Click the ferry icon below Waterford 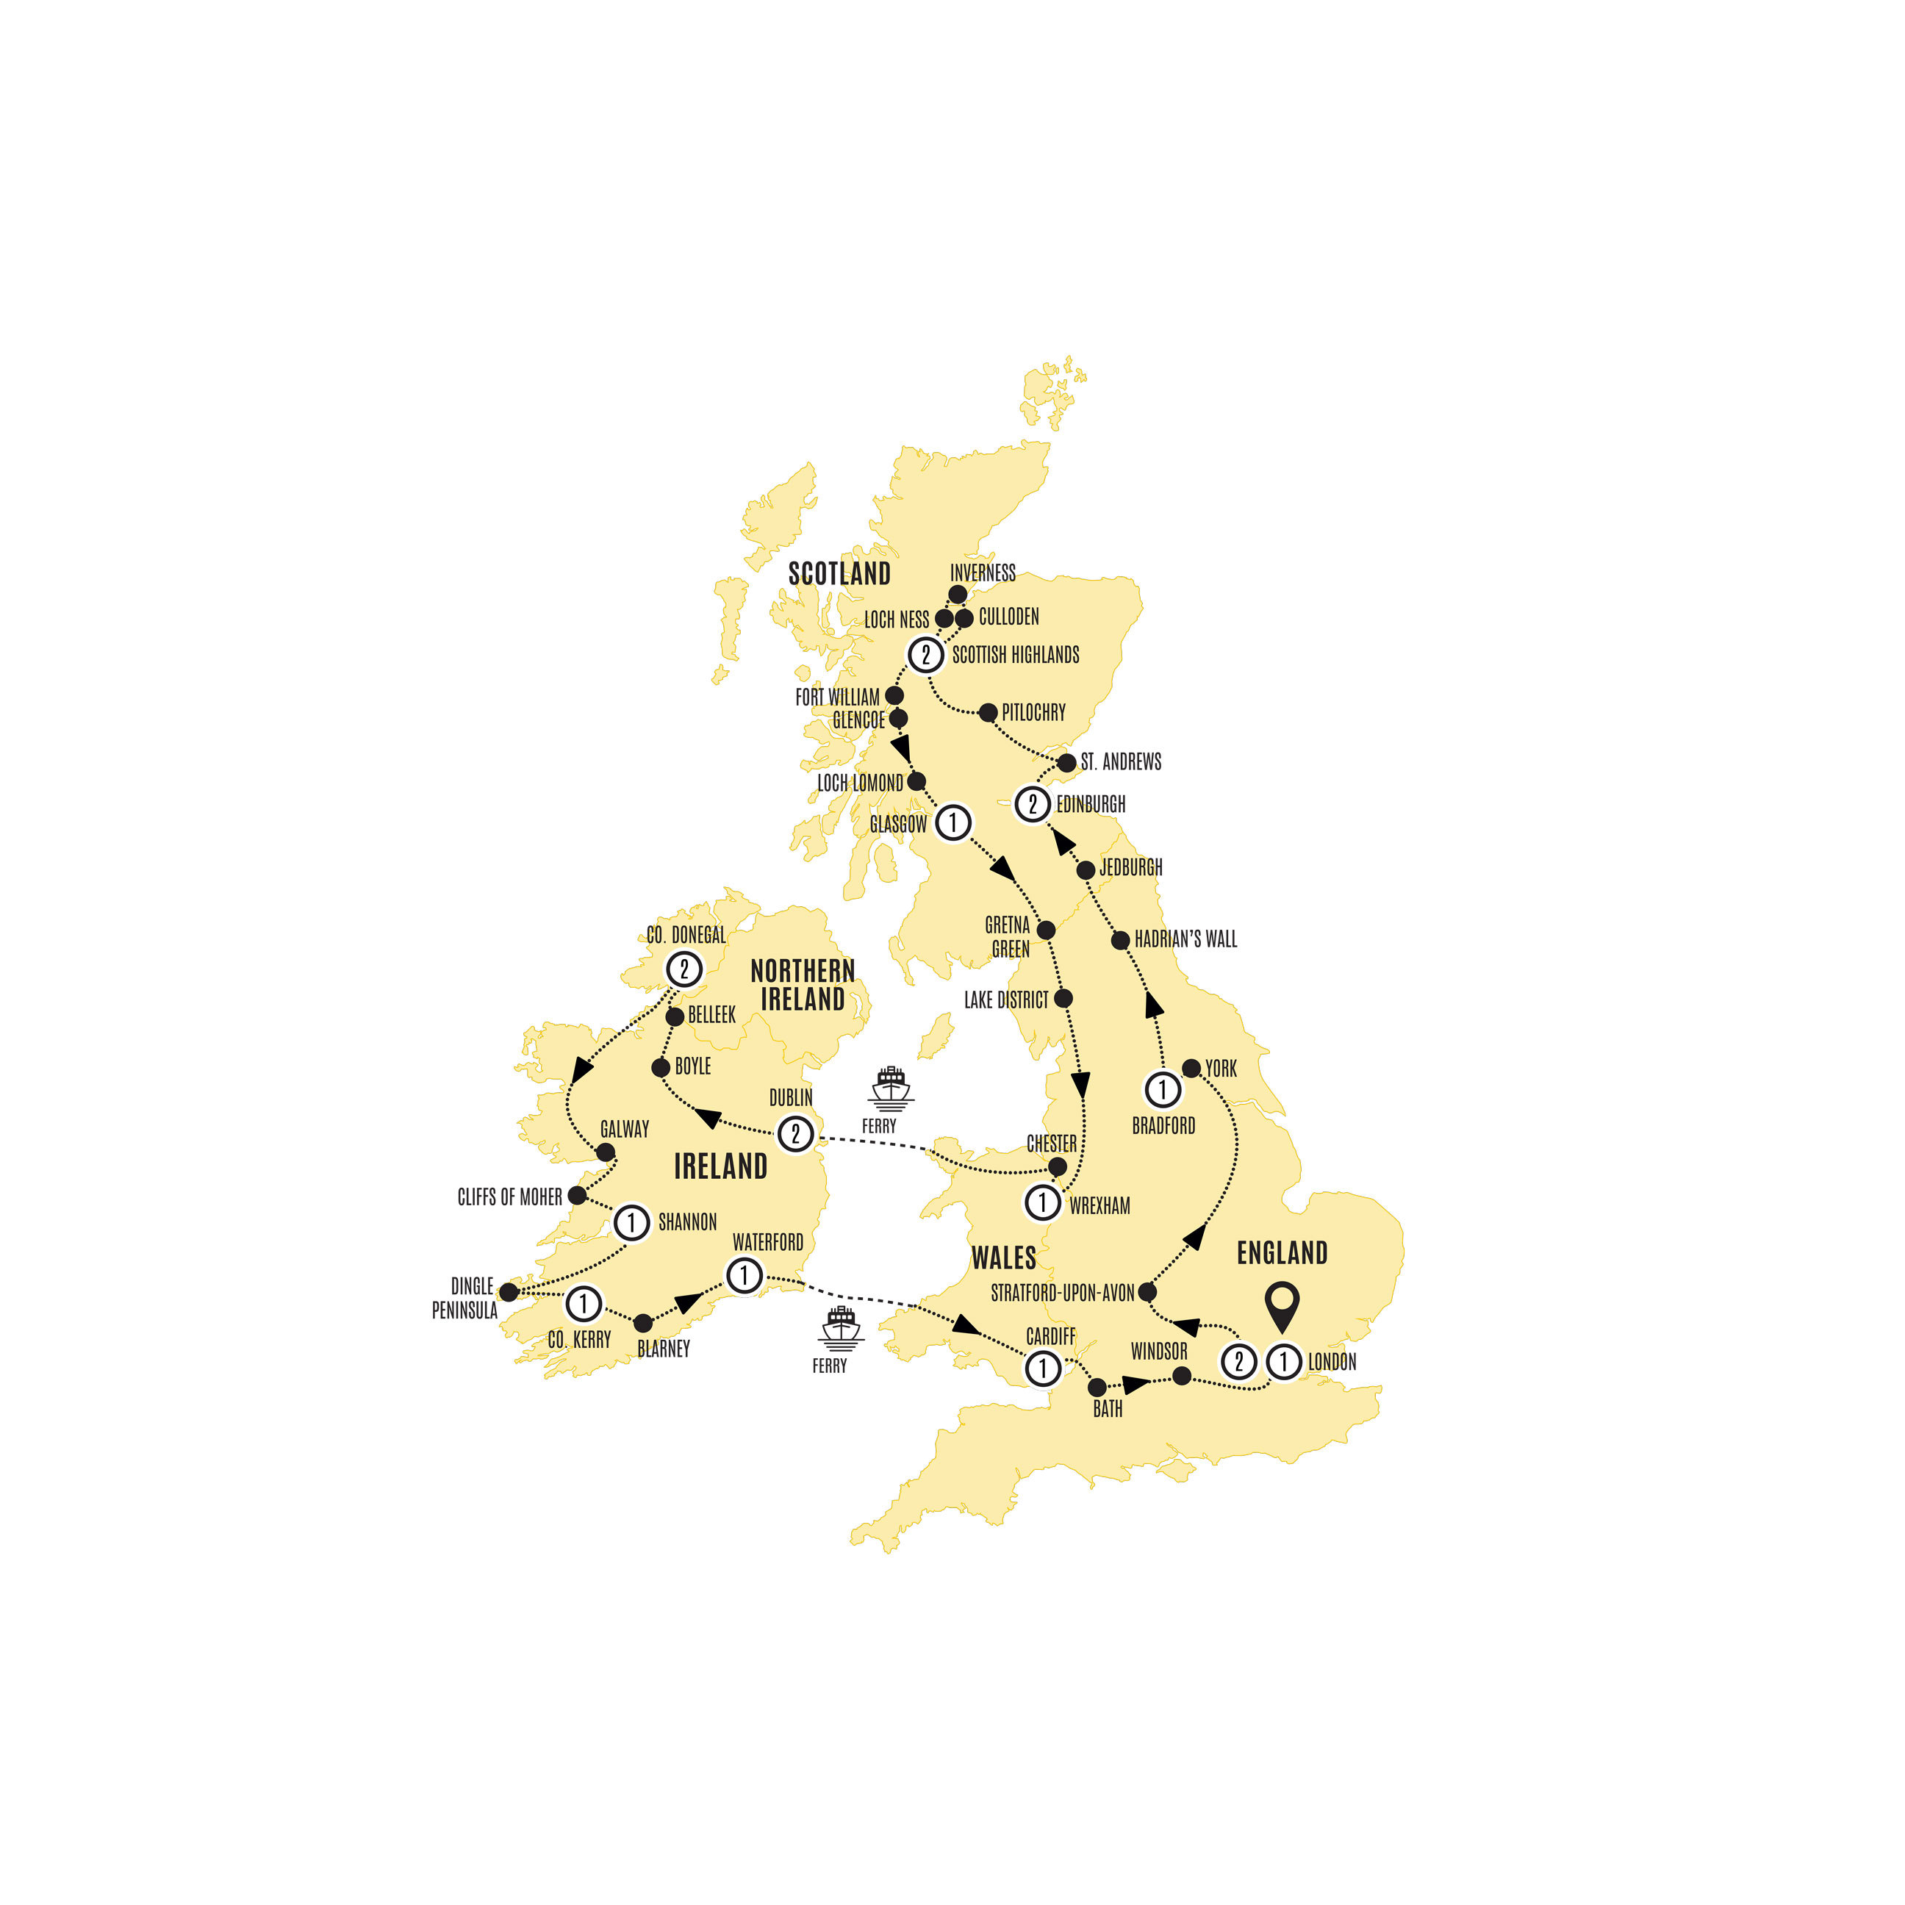pyautogui.click(x=841, y=1328)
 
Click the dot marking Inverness pyautogui.click(x=956, y=595)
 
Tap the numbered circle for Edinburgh pyautogui.click(x=1033, y=803)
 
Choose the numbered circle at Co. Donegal pyautogui.click(x=684, y=968)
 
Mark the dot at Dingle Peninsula pyautogui.click(x=509, y=1292)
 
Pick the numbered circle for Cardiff pyautogui.click(x=1043, y=1368)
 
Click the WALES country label pyautogui.click(x=1002, y=1258)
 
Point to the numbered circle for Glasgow pyautogui.click(x=952, y=822)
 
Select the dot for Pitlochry pyautogui.click(x=988, y=713)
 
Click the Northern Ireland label pyautogui.click(x=803, y=984)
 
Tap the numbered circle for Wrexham pyautogui.click(x=1043, y=1202)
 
